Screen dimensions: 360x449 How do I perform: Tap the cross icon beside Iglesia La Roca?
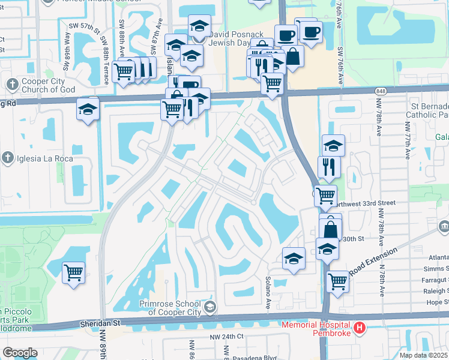[x=7, y=158]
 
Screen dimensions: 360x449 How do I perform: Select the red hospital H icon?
[x=359, y=328]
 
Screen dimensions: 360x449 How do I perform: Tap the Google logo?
[x=20, y=353]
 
